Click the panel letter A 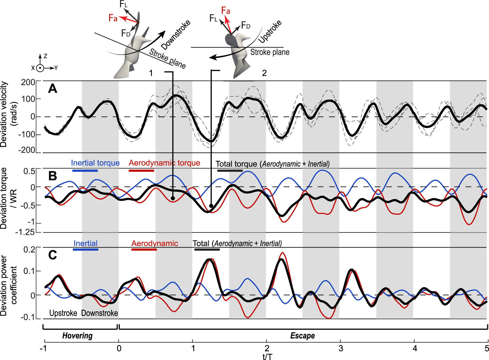point(53,89)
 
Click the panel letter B point(53,176)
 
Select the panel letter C point(53,255)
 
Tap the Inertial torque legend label point(95,163)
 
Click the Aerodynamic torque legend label point(164,163)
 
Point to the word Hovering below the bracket point(77,336)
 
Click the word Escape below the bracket point(302,336)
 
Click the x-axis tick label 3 point(341,348)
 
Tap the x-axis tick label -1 point(43,348)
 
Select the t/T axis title point(267,356)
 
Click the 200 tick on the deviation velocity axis point(28,82)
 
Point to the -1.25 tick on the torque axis point(25,233)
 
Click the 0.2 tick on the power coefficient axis point(29,250)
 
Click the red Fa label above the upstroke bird point(226,11)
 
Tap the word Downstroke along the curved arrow point(176,35)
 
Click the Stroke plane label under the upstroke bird point(270,52)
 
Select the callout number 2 point(264,73)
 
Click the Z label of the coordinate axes point(45,56)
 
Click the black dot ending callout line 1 point(173,198)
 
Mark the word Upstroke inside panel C point(63,313)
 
